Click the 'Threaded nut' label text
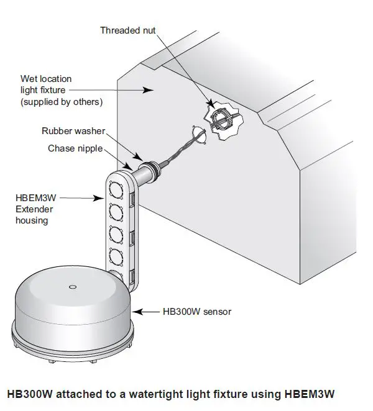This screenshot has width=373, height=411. pyautogui.click(x=127, y=30)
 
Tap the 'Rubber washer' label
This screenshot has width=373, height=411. pyautogui.click(x=73, y=131)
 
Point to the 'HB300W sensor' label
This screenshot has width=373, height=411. pyautogui.click(x=196, y=311)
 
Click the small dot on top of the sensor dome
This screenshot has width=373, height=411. pyautogui.click(x=73, y=287)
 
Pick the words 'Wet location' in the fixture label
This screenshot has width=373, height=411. pyautogui.click(x=45, y=79)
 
